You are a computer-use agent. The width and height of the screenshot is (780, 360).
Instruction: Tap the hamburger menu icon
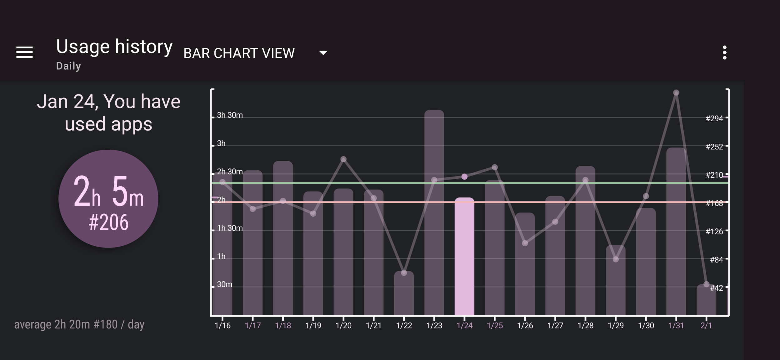[24, 52]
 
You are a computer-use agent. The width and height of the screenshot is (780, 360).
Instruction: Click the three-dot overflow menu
[724, 52]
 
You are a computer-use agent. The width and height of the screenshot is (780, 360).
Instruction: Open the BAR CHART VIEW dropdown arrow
[323, 52]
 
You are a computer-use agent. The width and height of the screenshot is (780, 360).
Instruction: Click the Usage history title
[114, 47]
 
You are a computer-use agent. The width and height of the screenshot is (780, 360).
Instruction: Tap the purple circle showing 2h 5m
[108, 199]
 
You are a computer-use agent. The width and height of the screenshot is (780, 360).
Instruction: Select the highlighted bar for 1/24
[464, 256]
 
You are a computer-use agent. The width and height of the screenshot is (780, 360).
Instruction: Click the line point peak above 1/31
[676, 93]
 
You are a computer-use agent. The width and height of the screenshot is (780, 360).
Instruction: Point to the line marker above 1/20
[343, 159]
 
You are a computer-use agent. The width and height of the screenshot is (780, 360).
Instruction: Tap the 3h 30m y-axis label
[230, 115]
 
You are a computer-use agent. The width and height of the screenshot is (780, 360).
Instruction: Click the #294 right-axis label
[714, 118]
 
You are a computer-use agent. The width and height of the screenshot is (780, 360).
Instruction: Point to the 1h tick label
[221, 257]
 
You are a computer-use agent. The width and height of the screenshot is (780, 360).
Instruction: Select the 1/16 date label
[222, 326]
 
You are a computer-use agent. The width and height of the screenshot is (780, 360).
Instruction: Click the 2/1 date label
[706, 326]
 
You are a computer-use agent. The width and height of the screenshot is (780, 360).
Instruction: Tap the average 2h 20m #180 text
[79, 325]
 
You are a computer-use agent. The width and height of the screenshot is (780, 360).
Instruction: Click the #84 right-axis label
[716, 260]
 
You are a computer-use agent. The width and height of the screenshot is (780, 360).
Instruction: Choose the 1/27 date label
[555, 326]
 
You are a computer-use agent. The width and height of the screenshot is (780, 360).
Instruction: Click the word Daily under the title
[68, 66]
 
